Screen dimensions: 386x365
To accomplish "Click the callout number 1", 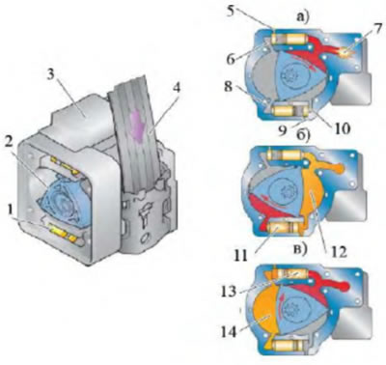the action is [11, 211].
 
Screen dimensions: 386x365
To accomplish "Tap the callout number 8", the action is [228, 86].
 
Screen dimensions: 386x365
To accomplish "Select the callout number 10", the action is [342, 128].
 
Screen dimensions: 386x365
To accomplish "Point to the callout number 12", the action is [338, 252].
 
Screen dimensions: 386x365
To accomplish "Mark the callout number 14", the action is [229, 331].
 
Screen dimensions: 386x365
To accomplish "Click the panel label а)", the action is [302, 17].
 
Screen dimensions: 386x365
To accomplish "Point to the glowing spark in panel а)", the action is [344, 51].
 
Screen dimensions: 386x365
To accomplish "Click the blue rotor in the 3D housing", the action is [65, 201].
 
